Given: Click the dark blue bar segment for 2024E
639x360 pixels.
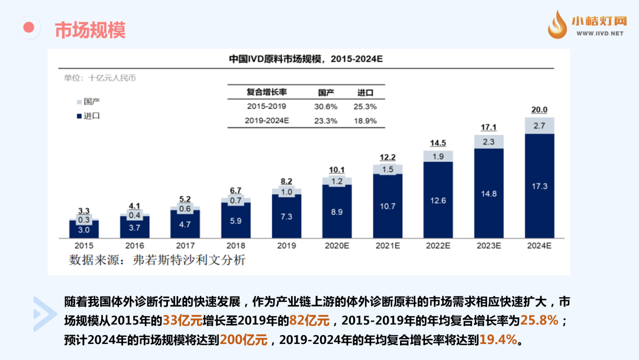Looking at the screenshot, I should [540, 185].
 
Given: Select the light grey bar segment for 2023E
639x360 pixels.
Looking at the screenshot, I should [489, 142].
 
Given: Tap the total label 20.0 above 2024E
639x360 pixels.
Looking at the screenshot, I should [540, 110].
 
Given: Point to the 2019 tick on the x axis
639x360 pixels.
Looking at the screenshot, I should [286, 245].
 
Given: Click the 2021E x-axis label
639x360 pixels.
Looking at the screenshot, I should [388, 245].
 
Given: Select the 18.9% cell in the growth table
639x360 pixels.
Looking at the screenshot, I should [366, 121].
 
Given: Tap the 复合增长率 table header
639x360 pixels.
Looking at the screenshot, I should [267, 92].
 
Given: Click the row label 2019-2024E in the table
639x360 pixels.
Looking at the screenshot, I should [267, 121].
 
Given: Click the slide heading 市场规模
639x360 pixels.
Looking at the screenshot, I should [90, 30].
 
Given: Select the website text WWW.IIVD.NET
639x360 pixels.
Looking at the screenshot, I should [598, 34].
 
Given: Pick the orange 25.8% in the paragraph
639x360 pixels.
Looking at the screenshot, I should [539, 320].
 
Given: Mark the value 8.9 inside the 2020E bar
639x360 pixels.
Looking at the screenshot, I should [337, 211].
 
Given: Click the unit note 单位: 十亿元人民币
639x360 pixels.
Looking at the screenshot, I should [96, 78].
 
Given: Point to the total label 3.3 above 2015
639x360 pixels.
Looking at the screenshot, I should [84, 211].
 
